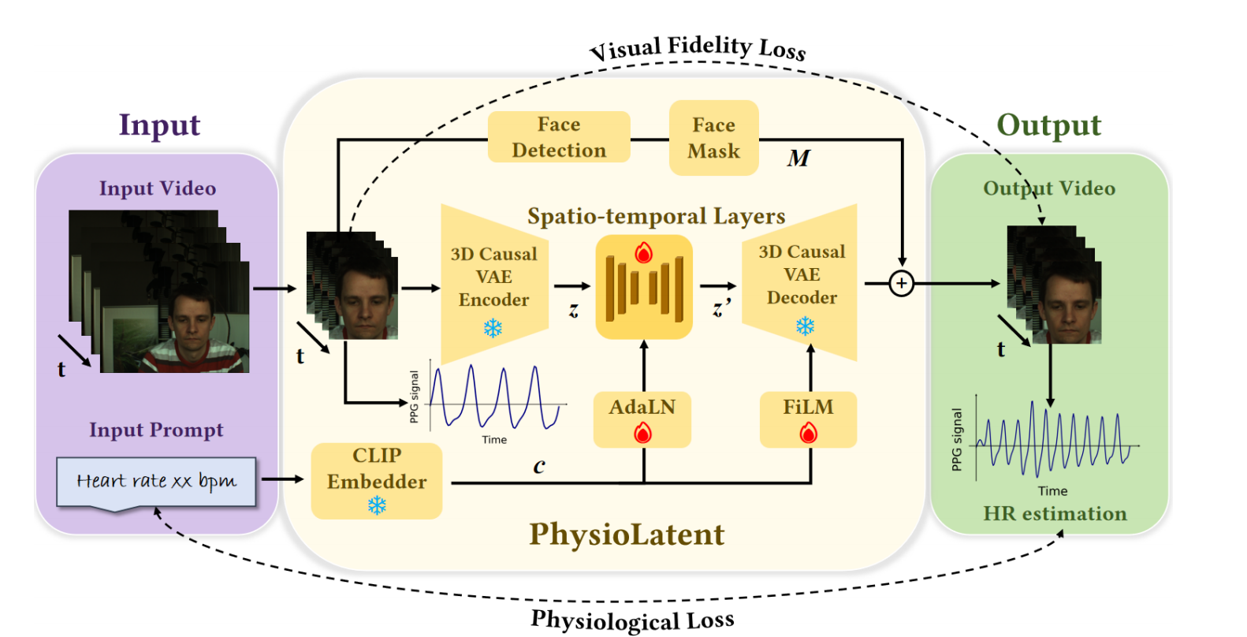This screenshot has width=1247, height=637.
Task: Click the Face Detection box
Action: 559,137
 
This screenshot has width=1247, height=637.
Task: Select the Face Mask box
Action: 713,138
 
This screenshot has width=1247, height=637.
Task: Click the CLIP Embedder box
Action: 377,480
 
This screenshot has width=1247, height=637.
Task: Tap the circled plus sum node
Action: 902,284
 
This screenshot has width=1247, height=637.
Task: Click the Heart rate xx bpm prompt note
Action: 156,482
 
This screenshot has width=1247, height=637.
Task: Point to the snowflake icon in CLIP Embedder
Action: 377,505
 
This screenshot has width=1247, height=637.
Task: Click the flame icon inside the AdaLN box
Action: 643,433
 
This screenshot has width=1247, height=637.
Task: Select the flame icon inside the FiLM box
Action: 809,433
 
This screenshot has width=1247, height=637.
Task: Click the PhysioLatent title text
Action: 627,535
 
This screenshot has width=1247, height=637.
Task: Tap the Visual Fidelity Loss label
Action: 698,47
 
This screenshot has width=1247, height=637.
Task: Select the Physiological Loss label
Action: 632,620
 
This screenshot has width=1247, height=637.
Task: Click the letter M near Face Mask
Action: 798,158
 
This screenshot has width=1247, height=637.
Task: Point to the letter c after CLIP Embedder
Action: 539,466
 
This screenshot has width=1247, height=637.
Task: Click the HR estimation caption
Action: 1055,514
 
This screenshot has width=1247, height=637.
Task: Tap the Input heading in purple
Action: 159,125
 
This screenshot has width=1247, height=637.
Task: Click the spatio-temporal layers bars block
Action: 644,287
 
